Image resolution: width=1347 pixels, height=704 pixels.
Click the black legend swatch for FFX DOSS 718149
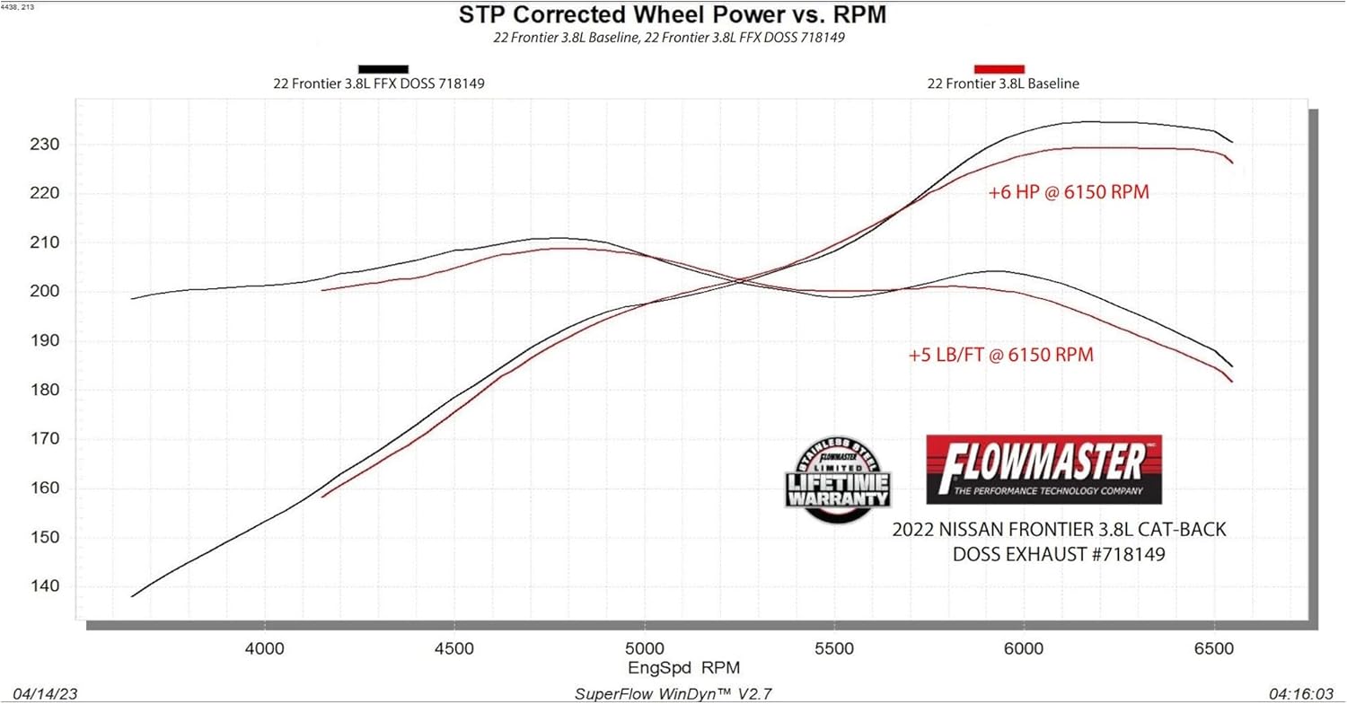tap(383, 68)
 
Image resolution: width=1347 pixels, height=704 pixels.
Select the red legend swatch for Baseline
tap(999, 68)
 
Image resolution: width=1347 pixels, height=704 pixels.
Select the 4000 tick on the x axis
tap(264, 647)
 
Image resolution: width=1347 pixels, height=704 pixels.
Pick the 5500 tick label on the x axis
tap(834, 647)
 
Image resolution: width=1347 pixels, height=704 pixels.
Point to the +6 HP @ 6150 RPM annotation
tap(1069, 192)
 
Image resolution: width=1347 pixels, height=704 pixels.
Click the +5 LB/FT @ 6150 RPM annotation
tap(1000, 355)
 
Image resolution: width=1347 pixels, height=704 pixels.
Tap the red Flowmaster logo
tap(1043, 469)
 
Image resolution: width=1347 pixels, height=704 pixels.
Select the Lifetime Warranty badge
tap(837, 483)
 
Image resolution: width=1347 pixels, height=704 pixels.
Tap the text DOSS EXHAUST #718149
tap(1059, 554)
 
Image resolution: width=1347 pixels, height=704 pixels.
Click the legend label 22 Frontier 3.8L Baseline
tap(1003, 84)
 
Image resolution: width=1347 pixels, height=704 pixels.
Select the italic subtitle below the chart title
tap(669, 38)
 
